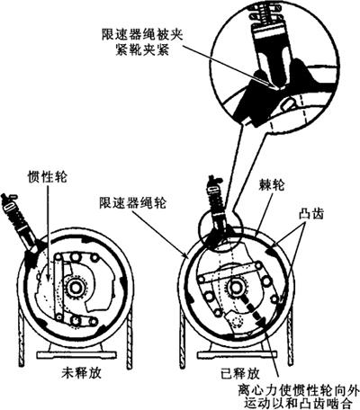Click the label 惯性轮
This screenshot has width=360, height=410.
click(x=48, y=176)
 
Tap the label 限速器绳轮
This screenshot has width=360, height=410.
click(x=132, y=203)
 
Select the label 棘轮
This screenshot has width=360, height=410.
click(x=271, y=186)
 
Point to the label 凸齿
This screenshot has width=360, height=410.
click(x=310, y=214)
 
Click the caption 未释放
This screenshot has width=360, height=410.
click(x=81, y=373)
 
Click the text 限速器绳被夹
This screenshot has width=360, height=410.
click(x=142, y=36)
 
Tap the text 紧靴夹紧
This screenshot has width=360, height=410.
click(x=142, y=50)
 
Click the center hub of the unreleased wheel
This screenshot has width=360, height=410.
click(x=75, y=287)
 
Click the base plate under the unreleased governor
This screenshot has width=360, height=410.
click(x=76, y=354)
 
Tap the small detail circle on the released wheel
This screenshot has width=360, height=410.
click(x=220, y=230)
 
